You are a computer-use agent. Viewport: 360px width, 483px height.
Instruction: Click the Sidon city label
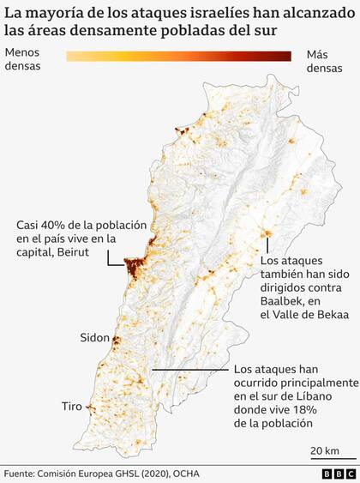click(x=95, y=337)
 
